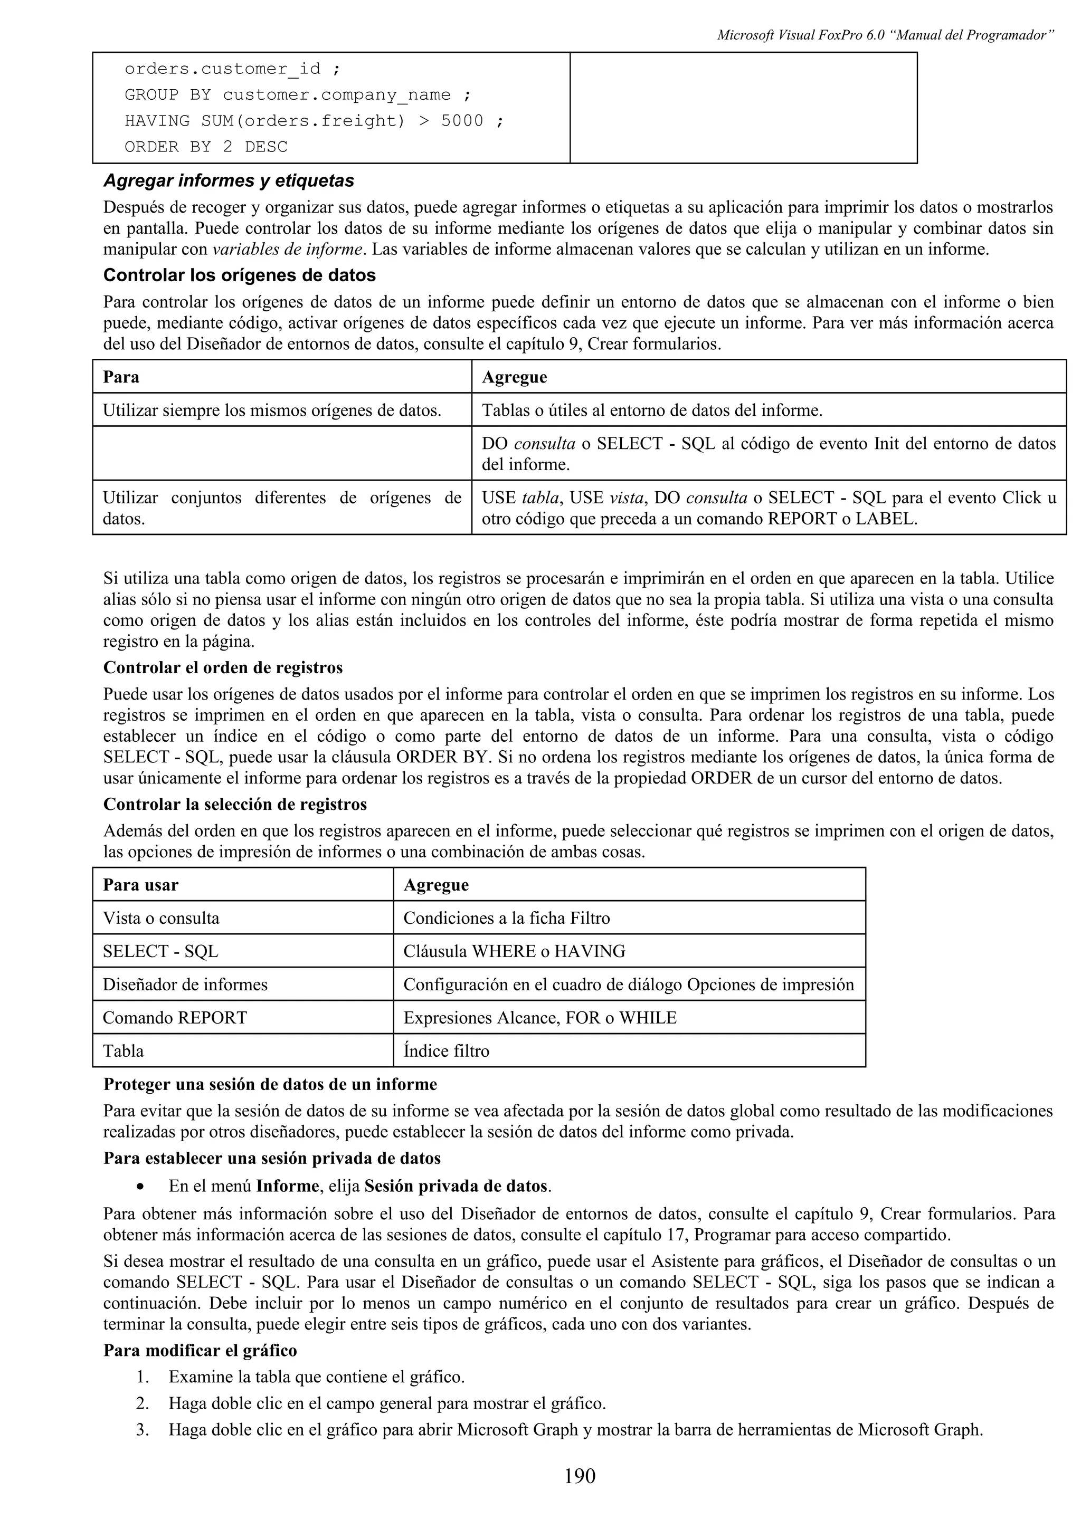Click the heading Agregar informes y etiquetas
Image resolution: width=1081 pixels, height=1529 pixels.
point(229,181)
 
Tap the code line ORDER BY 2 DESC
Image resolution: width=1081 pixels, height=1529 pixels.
point(206,147)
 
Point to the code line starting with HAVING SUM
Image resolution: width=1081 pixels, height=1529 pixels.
point(314,121)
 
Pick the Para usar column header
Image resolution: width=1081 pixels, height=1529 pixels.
point(140,885)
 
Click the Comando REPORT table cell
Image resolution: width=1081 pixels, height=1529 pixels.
point(175,1018)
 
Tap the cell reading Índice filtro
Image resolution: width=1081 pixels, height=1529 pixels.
point(446,1051)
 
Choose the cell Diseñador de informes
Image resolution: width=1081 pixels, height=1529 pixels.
point(185,985)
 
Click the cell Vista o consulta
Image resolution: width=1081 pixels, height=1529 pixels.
point(160,919)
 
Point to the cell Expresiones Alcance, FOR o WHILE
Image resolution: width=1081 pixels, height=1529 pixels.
point(539,1018)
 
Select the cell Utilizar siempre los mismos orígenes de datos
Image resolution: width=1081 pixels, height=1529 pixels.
point(272,410)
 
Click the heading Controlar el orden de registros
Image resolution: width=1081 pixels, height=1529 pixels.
point(223,667)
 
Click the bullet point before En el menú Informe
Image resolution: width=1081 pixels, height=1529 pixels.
point(139,1187)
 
